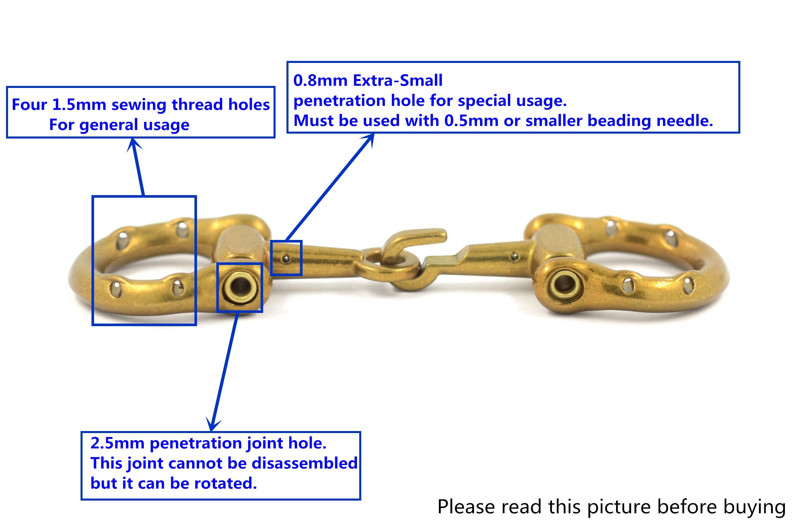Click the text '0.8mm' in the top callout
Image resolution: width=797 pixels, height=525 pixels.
click(x=320, y=81)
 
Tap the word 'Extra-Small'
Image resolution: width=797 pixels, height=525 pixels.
click(x=398, y=81)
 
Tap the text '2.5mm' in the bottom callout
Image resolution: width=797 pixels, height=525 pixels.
click(x=117, y=443)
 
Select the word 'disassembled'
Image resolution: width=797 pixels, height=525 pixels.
click(x=304, y=464)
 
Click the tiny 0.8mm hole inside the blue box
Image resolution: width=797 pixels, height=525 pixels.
click(x=286, y=259)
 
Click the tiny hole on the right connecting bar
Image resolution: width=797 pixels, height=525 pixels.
click(x=515, y=257)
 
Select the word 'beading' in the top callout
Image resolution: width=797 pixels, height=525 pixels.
click(x=619, y=121)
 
